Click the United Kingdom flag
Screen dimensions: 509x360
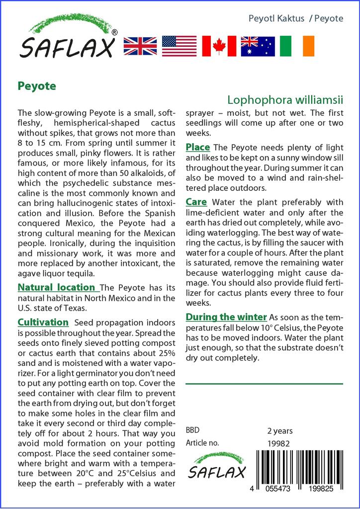[140, 46]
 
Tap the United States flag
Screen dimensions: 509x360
[179, 46]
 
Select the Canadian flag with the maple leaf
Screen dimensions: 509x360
[219, 46]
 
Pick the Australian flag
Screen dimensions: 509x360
[258, 46]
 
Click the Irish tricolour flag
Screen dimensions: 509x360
[297, 46]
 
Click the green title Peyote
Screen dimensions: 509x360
[37, 85]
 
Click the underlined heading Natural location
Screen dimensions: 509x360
[56, 287]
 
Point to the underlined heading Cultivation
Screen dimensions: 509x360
[43, 322]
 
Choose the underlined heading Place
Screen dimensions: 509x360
[197, 147]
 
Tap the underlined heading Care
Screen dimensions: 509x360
[196, 202]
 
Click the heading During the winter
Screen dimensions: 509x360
[226, 317]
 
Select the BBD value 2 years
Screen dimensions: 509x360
[280, 430]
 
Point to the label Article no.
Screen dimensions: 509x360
[202, 443]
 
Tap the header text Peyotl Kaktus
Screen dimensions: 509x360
[276, 18]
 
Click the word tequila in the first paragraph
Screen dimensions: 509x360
[94, 273]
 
